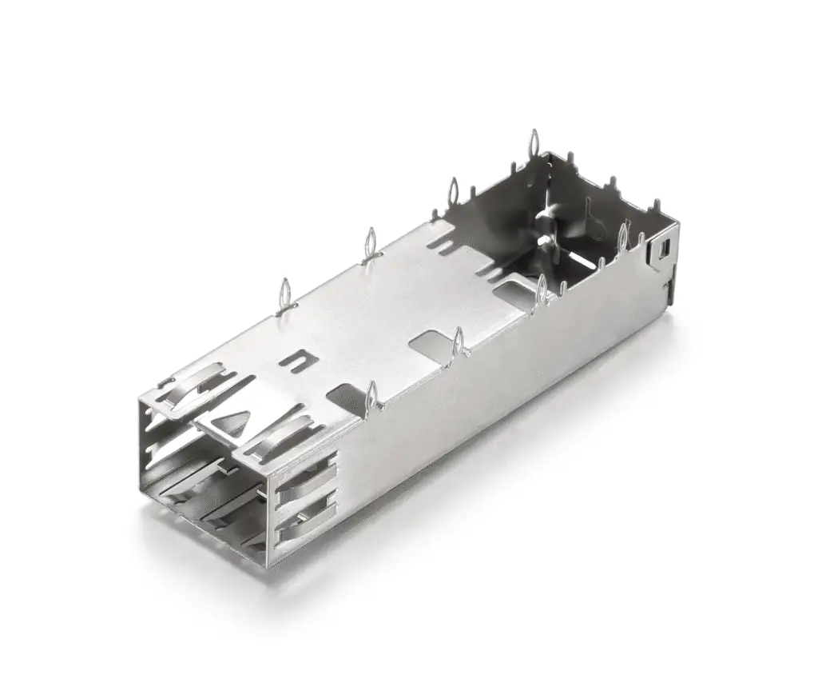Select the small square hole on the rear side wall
click(664, 250)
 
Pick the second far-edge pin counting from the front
click(370, 242)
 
